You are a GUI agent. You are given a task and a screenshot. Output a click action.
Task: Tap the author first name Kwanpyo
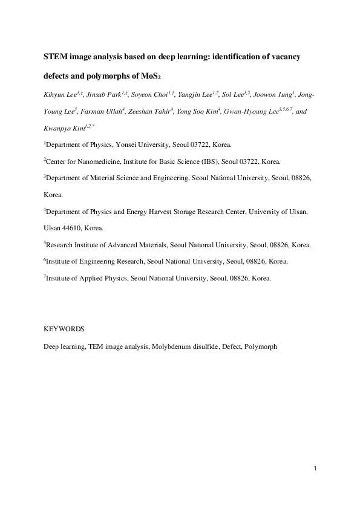[57, 129]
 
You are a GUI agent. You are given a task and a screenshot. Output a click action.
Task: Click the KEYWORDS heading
[64, 330]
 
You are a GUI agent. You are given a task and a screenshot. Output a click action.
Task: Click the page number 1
[316, 468]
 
